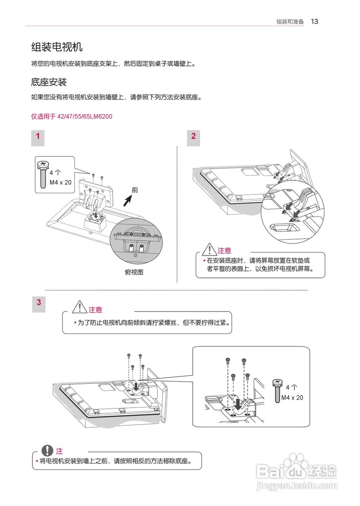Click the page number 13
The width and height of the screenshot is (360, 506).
pos(315,21)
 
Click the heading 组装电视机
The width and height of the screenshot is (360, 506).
pos(57,47)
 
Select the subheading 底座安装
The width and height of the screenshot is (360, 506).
pos(49,82)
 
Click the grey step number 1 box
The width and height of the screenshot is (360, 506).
pos(38,137)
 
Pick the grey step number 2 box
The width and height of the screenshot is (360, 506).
pos(193,137)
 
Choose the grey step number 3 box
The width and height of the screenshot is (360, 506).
pos(39,303)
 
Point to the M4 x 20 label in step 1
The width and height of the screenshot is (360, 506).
pos(61,182)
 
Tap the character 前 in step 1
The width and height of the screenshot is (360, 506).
pos(135,190)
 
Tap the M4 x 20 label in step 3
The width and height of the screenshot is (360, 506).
pos(292,398)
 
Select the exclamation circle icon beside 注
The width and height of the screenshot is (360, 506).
pos(48,451)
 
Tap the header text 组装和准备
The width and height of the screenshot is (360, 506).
pos(290,22)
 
